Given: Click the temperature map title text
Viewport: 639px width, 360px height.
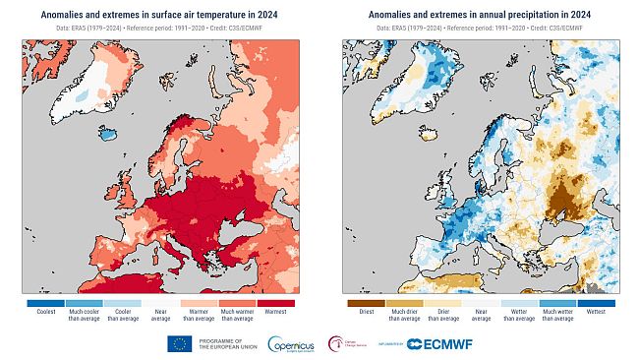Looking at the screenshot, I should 159,15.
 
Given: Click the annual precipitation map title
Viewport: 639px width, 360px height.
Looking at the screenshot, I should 480,15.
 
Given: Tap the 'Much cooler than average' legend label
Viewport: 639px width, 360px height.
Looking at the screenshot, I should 83,315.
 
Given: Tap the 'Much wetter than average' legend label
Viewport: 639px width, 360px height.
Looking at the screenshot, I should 559,315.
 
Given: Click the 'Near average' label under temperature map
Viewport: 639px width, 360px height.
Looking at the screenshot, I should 160,315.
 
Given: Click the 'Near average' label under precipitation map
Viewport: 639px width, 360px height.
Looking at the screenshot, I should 481,315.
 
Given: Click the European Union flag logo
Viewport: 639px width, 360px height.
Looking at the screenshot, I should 180,343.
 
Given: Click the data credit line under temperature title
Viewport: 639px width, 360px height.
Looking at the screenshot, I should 159,30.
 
